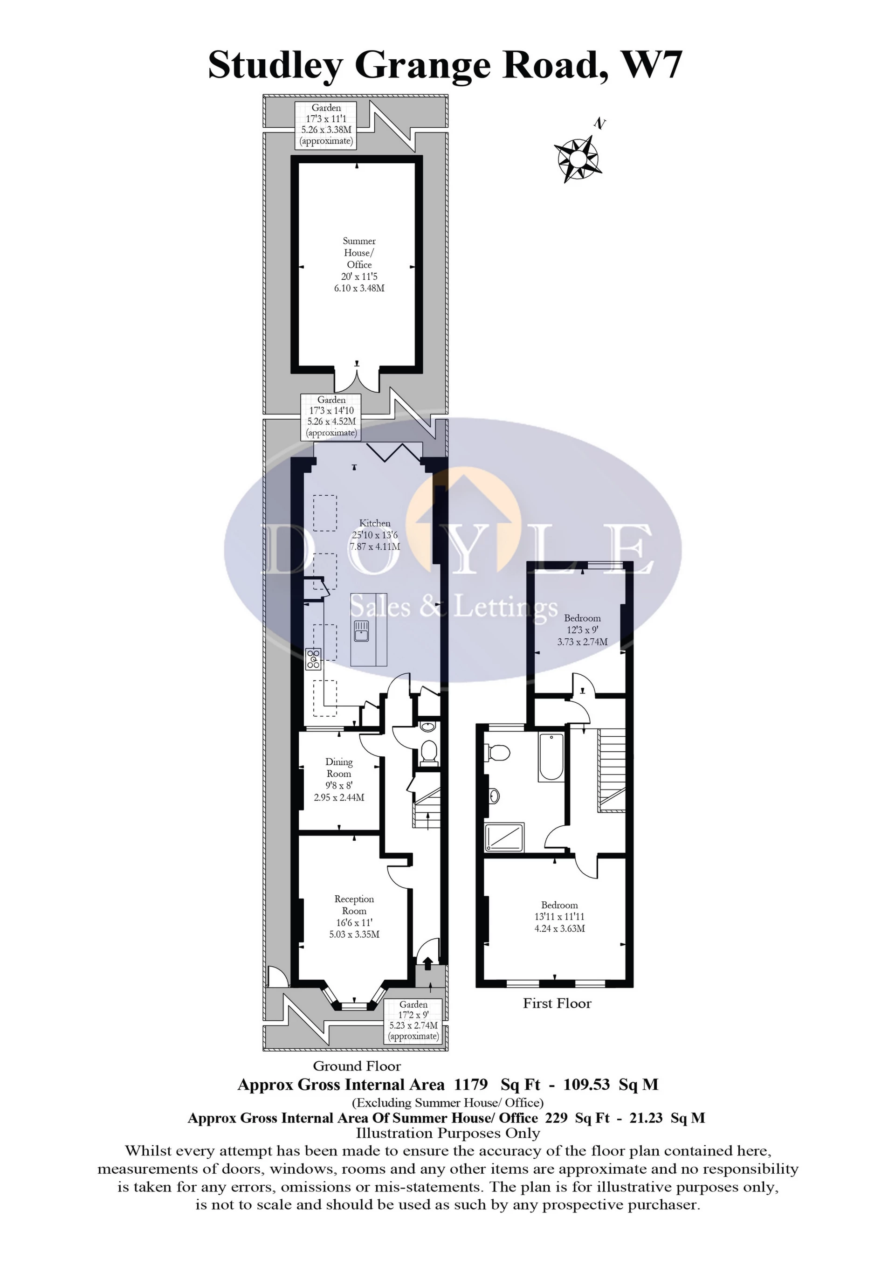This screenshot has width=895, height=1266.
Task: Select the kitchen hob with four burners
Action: [314, 659]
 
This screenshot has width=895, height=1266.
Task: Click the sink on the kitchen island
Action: [362, 631]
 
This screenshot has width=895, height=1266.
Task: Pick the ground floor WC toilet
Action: [427, 752]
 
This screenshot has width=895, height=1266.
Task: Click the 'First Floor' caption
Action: [557, 1003]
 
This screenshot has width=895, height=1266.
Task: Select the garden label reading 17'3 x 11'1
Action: [326, 125]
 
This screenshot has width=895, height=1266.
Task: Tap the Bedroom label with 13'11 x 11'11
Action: [559, 916]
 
